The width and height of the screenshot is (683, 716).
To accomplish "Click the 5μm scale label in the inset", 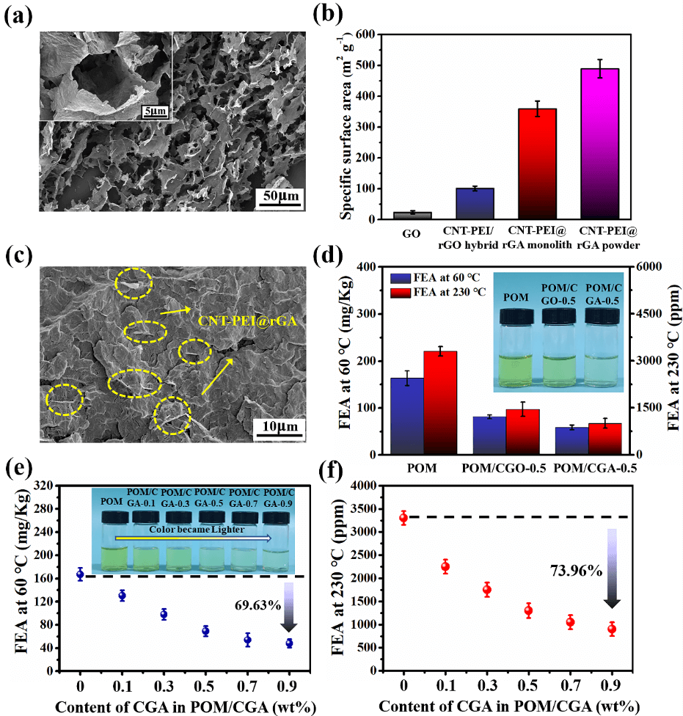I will (154, 112).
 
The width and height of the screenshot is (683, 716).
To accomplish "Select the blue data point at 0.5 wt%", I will (205, 631).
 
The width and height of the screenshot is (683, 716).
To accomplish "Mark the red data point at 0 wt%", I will (403, 518).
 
